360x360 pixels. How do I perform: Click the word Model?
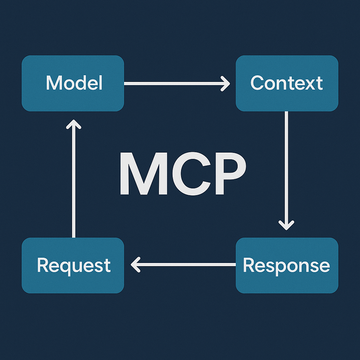[x=74, y=83]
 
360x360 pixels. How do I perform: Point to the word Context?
[x=287, y=83]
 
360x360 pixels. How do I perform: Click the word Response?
[x=286, y=265]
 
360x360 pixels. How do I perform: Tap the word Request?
[x=74, y=265]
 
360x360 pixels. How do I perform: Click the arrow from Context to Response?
[x=286, y=165]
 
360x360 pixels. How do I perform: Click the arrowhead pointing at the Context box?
[x=225, y=83]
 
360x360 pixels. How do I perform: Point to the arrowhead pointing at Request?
[x=136, y=264]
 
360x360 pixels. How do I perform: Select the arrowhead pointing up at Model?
[x=73, y=124]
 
